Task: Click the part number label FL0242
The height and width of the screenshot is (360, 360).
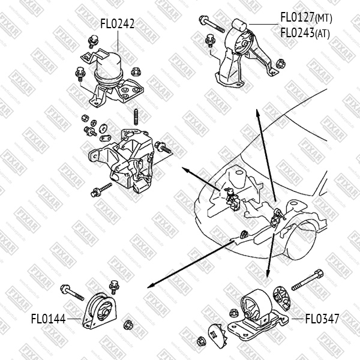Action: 117,24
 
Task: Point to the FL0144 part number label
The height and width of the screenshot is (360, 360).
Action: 48,319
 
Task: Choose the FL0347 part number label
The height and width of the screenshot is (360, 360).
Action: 322,319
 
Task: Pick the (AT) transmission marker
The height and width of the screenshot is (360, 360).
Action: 322,34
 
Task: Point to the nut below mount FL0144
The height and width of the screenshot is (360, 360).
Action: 127,326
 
